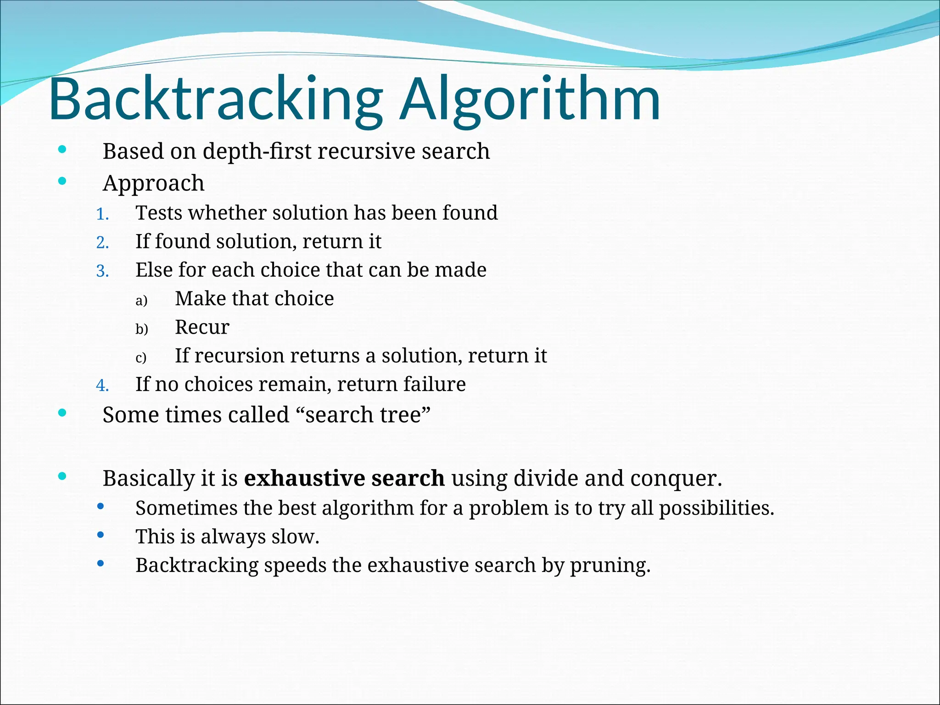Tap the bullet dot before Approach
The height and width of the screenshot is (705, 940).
click(x=62, y=181)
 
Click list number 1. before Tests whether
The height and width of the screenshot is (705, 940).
click(x=102, y=214)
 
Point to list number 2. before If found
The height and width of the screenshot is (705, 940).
click(x=102, y=243)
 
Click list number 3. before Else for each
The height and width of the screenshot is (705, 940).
click(x=102, y=271)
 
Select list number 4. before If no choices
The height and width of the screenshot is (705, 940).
click(x=102, y=386)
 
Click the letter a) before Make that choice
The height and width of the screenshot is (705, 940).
click(x=141, y=301)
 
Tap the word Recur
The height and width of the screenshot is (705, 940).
click(x=202, y=327)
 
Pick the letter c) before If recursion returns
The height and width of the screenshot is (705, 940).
click(x=141, y=358)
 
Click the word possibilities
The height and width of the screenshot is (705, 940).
click(x=716, y=509)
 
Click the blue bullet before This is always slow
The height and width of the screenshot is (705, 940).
click(x=101, y=535)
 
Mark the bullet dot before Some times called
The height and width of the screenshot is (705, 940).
click(x=62, y=413)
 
